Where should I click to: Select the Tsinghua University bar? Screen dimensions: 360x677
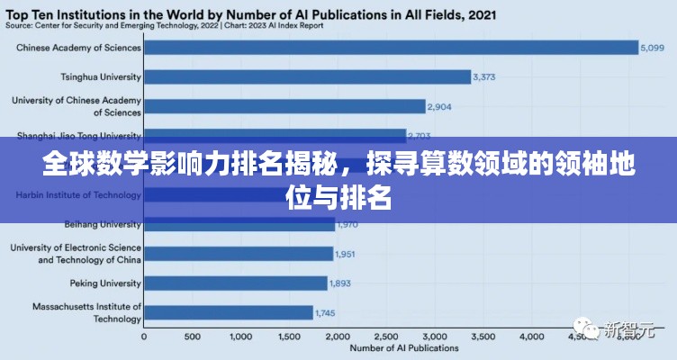(x=306, y=77)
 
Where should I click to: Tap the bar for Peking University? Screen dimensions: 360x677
(x=234, y=283)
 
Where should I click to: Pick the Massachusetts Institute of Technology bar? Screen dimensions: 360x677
(x=227, y=312)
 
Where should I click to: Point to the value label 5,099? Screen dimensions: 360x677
(x=651, y=48)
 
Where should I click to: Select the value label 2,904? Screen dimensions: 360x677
(x=439, y=107)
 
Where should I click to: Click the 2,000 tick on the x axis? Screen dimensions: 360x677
(x=337, y=337)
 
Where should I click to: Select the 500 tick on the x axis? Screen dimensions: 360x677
(x=191, y=337)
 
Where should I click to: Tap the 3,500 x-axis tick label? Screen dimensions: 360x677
(x=482, y=337)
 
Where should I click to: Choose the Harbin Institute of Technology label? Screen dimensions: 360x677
(x=78, y=194)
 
